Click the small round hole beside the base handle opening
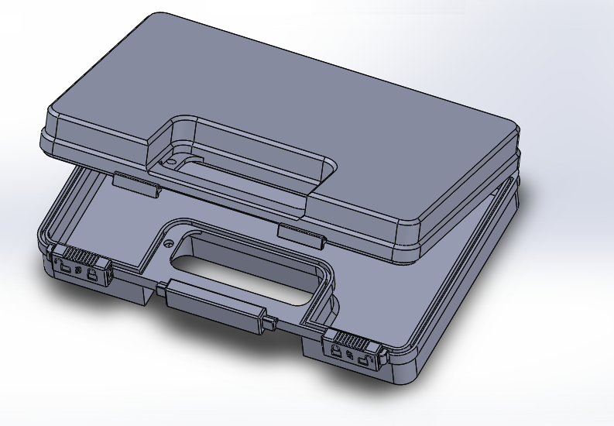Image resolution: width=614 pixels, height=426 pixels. tap(168, 242)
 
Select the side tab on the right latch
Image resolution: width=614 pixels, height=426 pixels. tap(382, 357)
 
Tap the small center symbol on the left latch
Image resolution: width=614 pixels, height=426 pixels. tap(80, 271)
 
